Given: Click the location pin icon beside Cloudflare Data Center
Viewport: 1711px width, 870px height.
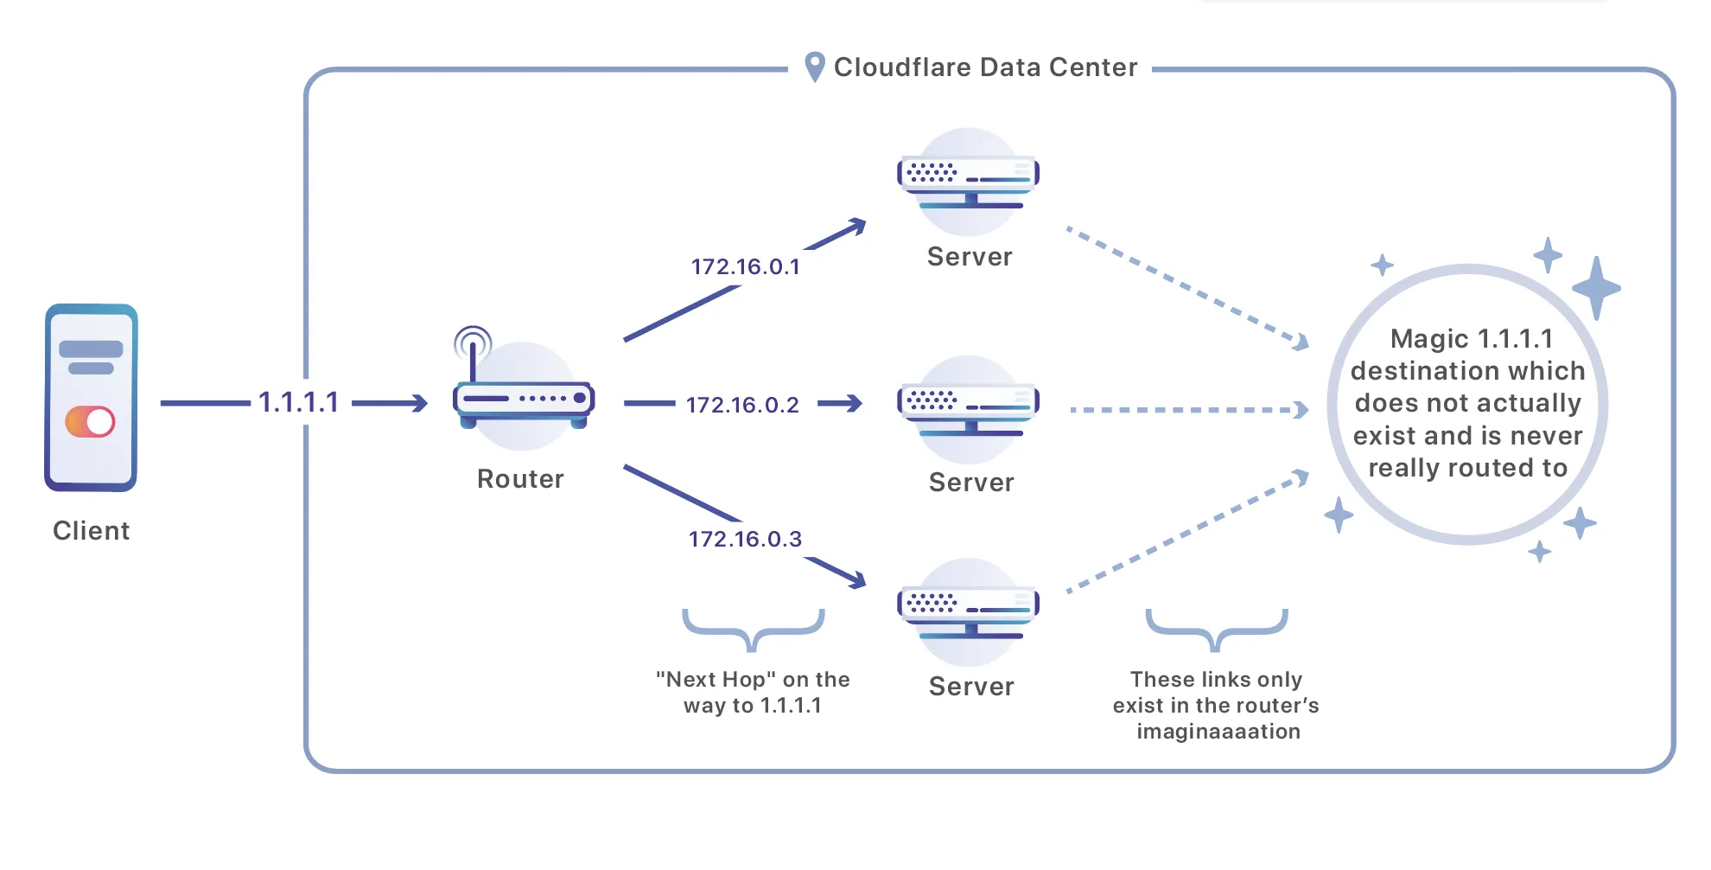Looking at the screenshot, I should point(814,67).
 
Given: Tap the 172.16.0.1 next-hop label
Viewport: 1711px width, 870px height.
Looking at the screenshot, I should point(745,266).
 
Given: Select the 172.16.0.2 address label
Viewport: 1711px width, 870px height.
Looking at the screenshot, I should point(742,405).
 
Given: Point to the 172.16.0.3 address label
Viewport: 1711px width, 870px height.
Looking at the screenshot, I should point(745,539).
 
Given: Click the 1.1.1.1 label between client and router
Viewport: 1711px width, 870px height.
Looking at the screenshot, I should point(298,402).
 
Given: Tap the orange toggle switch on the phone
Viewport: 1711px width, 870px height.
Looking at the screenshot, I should point(90,422).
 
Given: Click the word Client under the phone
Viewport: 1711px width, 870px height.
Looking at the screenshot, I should point(91,530).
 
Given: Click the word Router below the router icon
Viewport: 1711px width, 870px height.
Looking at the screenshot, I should point(520,479).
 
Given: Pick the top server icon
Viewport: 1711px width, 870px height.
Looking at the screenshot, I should point(969,182).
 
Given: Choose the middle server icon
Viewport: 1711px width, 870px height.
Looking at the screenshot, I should point(969,408).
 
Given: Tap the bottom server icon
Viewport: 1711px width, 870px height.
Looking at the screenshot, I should point(969,611).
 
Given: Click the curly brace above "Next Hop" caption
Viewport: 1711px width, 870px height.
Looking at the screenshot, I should point(753,629).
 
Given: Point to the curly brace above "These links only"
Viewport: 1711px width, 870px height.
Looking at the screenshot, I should point(1216,629).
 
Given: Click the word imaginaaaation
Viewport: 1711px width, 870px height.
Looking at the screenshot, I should point(1218,732).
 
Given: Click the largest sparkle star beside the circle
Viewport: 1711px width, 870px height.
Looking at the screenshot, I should point(1596,288).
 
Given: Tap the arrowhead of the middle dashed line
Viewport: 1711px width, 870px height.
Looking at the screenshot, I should point(1301,410).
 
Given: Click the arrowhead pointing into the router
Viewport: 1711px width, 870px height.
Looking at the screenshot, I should point(420,403).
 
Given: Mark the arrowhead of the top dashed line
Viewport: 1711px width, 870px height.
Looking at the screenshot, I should point(1301,342).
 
